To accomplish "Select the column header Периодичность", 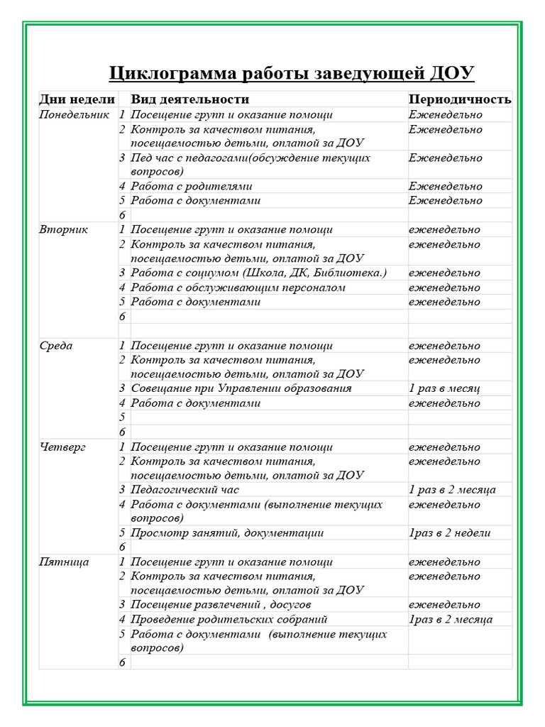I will [x=459, y=99].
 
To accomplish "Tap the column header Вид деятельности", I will [x=190, y=99].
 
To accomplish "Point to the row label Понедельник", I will [x=75, y=114].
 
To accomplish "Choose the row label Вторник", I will [x=64, y=230].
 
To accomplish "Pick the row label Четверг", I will [x=62, y=447].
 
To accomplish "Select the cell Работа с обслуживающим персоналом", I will [x=238, y=288].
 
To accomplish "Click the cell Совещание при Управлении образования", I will [x=241, y=388].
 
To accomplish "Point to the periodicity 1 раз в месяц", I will [x=444, y=388].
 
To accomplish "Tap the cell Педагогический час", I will [x=185, y=490].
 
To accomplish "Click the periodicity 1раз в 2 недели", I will [x=450, y=533].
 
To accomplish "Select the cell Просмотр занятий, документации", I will [x=228, y=533].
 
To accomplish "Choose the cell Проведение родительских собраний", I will [x=229, y=619].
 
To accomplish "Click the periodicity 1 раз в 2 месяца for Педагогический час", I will [x=452, y=490].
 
